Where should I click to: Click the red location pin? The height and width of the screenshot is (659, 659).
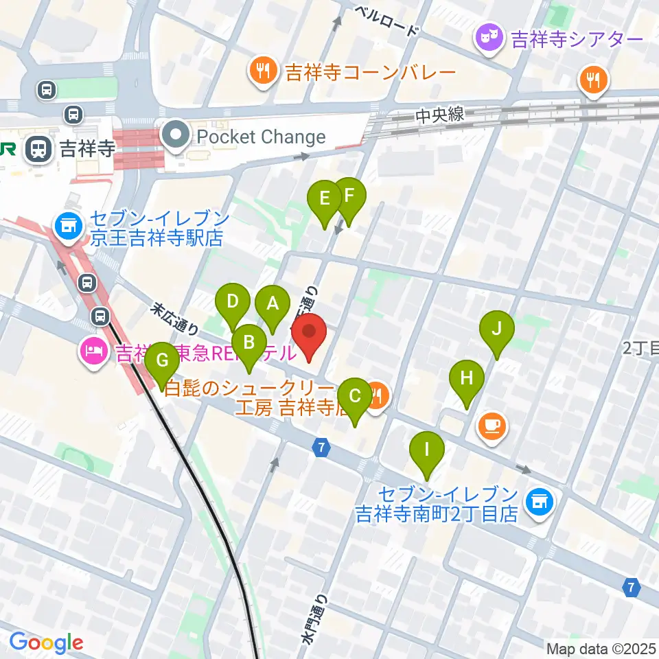(x=309, y=334)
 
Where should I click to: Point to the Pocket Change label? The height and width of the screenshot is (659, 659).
(x=261, y=137)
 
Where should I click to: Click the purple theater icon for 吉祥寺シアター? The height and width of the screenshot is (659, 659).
(x=489, y=38)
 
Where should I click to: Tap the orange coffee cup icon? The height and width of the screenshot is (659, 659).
(x=492, y=426)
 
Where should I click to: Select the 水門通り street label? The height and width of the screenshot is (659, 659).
(x=314, y=618)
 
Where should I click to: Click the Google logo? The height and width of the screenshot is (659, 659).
(x=46, y=643)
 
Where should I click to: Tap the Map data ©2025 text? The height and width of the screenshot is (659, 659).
(x=600, y=648)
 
